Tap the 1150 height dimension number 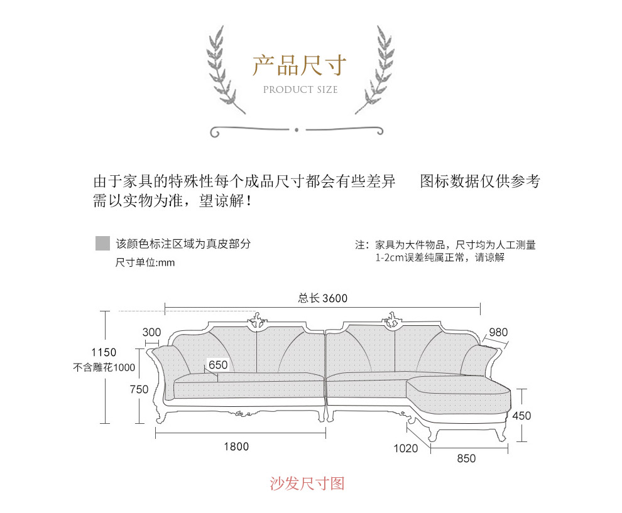coord(104,352)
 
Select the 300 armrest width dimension coord(151,332)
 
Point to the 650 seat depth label coord(218,365)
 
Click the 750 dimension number coord(139,389)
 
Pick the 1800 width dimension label coord(236,446)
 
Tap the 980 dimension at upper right coord(498,332)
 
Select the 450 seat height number coord(521,416)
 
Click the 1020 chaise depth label coord(405,448)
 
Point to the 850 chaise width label coord(466,458)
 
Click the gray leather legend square coord(102,243)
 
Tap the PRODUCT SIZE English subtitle coord(300,90)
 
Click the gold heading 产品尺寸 coord(300,65)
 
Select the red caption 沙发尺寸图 coord(307,483)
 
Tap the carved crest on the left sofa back coord(257,320)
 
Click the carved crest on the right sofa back coord(392,320)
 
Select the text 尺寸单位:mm coord(145,262)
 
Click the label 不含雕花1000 coord(104,367)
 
